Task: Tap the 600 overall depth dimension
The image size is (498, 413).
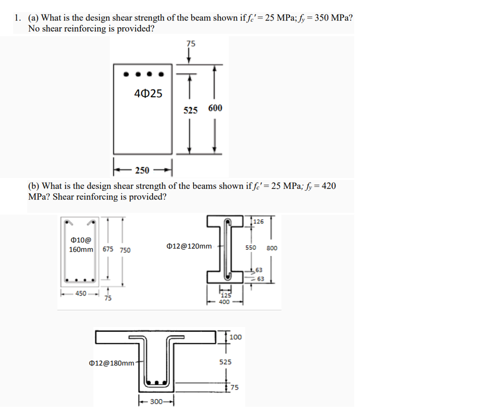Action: pyautogui.click(x=215, y=108)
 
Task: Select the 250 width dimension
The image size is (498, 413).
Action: pyautogui.click(x=142, y=170)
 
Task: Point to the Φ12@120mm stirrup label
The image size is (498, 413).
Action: pyautogui.click(x=189, y=246)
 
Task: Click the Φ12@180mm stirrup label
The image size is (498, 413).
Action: pyautogui.click(x=112, y=363)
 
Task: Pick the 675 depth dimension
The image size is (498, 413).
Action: pyautogui.click(x=108, y=249)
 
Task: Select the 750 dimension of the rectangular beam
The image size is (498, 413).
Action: pyautogui.click(x=125, y=250)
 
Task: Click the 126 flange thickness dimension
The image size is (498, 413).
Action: pyautogui.click(x=259, y=221)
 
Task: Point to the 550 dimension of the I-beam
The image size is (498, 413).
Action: pyautogui.click(x=250, y=248)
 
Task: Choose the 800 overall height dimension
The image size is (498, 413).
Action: pyautogui.click(x=272, y=248)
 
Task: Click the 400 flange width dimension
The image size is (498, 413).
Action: pyautogui.click(x=224, y=302)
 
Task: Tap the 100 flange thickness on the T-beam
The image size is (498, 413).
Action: pyautogui.click(x=235, y=337)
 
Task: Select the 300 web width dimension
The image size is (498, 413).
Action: pyautogui.click(x=156, y=402)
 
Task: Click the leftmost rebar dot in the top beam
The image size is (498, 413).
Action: pyautogui.click(x=126, y=75)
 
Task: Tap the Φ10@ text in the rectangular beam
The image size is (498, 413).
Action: pyautogui.click(x=78, y=240)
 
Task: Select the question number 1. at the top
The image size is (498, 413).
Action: pyautogui.click(x=18, y=18)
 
